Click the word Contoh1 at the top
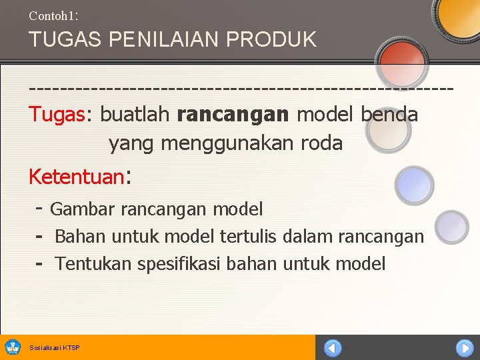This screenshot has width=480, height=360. [53, 14]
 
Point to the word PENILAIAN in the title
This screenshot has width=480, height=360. [159, 39]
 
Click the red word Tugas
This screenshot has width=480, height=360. [57, 115]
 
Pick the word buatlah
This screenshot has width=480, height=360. [135, 115]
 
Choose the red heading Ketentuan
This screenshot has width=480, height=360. [76, 177]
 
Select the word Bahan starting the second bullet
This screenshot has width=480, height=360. [81, 237]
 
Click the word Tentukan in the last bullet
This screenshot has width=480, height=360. [93, 264]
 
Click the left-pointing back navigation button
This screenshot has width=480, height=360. [332, 348]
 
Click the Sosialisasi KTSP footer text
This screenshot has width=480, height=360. [55, 348]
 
